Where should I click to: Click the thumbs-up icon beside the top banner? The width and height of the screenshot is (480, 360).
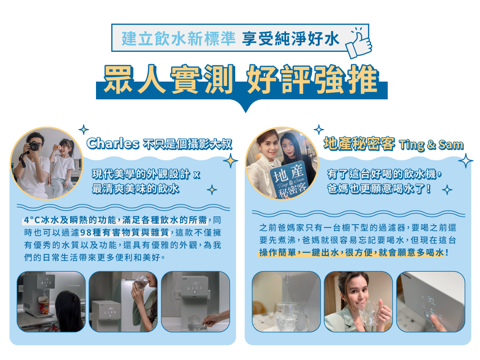359,43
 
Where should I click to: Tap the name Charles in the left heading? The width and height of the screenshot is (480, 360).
113,143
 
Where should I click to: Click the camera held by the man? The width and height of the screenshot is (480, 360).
33,146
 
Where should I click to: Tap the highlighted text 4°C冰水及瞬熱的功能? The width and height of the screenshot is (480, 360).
70,220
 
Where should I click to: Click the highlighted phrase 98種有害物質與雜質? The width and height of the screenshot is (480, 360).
125,233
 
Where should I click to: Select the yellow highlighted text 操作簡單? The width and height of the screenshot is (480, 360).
277,252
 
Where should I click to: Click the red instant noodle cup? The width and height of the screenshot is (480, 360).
44,308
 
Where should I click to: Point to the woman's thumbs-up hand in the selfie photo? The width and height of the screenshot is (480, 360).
384,312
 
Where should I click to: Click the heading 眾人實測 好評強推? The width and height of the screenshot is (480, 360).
241,80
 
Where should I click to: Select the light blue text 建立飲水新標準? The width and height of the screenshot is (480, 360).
179,38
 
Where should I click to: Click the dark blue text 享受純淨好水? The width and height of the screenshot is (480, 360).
291,38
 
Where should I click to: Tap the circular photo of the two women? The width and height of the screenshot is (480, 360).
282,164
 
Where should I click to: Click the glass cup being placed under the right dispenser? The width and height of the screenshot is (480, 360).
195,323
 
